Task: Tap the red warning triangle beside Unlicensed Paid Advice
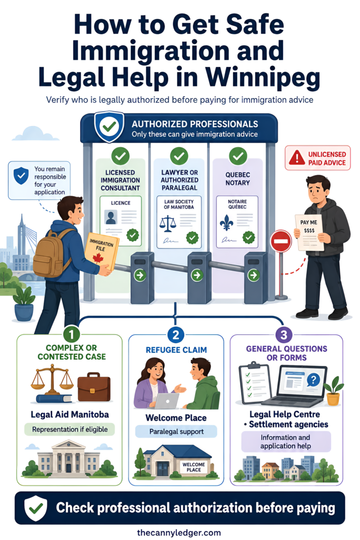click(x=297, y=158)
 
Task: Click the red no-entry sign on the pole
click(x=281, y=240)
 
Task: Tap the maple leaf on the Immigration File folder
click(x=99, y=258)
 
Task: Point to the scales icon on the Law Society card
click(x=168, y=223)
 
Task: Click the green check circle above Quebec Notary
click(x=238, y=156)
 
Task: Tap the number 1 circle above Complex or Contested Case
click(x=72, y=334)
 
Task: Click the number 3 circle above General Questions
click(x=284, y=335)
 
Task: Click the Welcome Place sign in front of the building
click(x=194, y=467)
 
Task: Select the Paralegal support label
click(x=176, y=431)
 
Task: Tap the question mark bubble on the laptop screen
click(x=313, y=380)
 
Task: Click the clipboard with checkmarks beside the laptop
click(x=255, y=383)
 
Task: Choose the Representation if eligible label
click(x=70, y=429)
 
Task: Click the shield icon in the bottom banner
click(x=36, y=508)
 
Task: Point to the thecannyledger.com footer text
click(x=179, y=533)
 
